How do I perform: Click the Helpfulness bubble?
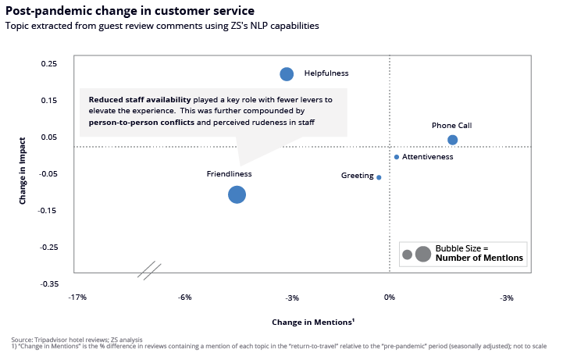click(287, 74)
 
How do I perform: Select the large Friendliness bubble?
click(237, 194)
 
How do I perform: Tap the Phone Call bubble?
click(452, 140)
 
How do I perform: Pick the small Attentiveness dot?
click(397, 157)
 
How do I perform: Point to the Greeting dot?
click(379, 177)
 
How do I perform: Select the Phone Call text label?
click(451, 125)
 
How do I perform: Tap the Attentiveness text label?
click(428, 157)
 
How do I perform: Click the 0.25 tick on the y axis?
click(49, 63)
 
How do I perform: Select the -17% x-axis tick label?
click(77, 298)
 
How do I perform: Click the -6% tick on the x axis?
click(184, 298)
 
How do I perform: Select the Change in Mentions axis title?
click(313, 322)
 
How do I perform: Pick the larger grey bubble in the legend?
click(423, 253)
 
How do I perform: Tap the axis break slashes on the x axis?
click(149, 270)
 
